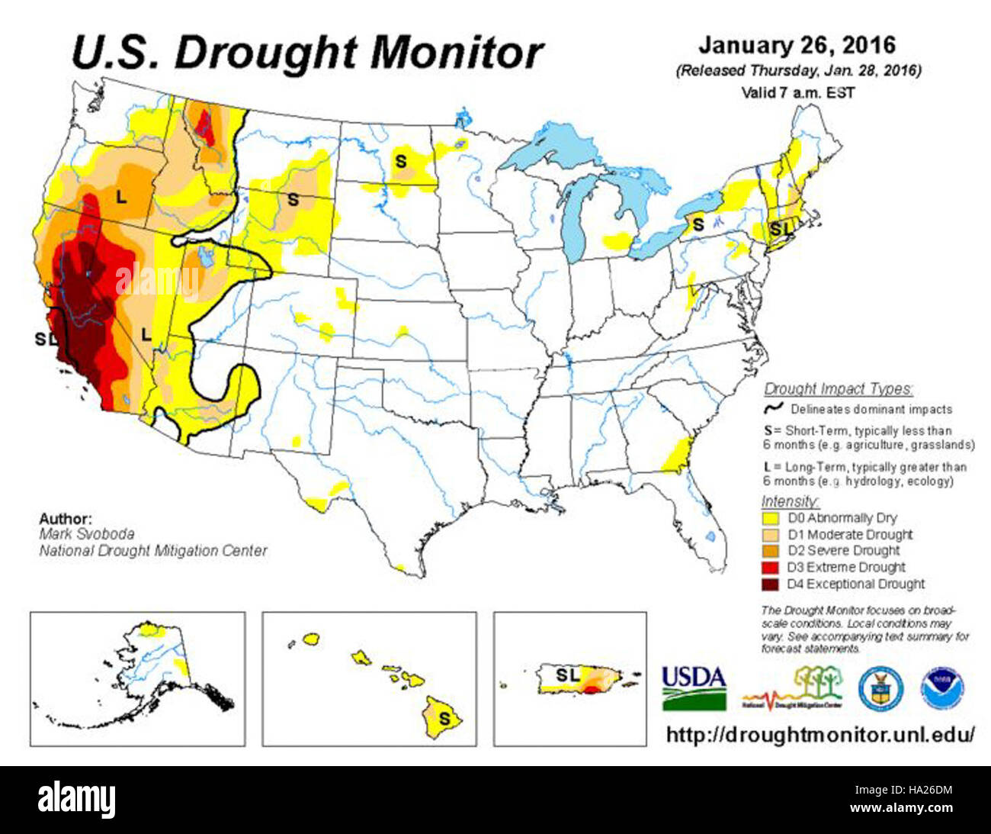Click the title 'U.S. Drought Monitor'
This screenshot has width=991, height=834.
(x=307, y=52)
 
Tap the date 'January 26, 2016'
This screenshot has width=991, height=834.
(x=797, y=45)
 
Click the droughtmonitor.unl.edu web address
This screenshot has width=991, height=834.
(x=820, y=735)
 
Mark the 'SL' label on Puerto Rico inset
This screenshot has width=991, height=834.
(x=567, y=675)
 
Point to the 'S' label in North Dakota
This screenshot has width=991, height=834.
(x=400, y=162)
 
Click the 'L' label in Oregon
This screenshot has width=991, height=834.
(x=120, y=197)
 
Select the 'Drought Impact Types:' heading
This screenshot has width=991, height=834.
(x=838, y=388)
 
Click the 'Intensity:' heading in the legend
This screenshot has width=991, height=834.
(x=791, y=501)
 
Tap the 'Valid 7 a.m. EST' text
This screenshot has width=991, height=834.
(x=797, y=92)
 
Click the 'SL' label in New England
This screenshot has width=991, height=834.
(x=781, y=229)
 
